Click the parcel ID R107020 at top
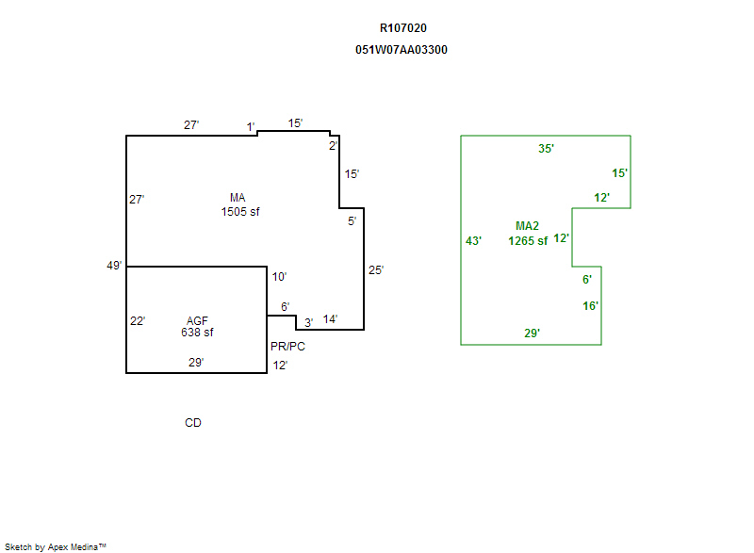click(403, 28)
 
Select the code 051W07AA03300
click(402, 50)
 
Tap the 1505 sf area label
click(240, 212)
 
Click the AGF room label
click(197, 320)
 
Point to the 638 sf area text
click(197, 332)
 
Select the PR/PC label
click(287, 347)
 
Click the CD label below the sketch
click(193, 423)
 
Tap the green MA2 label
click(527, 226)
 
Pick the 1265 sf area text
click(528, 241)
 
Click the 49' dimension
click(114, 266)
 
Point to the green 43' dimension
click(473, 241)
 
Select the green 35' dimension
click(546, 149)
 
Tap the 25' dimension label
click(375, 270)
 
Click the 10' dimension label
click(279, 277)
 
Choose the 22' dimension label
click(138, 321)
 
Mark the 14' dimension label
click(330, 319)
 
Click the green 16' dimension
click(590, 306)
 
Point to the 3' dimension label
click(308, 322)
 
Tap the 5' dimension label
click(352, 221)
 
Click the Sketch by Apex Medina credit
click(56, 546)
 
